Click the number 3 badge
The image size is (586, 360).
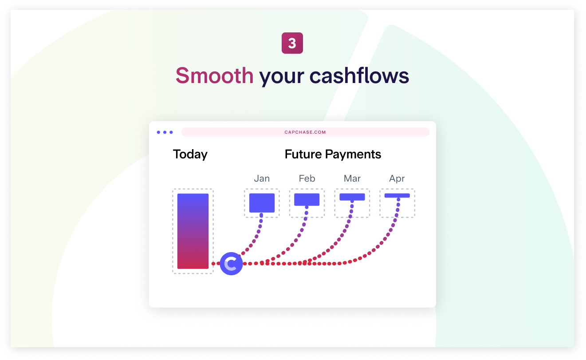tap(292, 44)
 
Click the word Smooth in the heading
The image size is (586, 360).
tap(214, 76)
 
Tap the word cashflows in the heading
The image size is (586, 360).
tap(359, 76)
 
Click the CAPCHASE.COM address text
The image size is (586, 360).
tap(305, 132)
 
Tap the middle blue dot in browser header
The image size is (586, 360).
tap(165, 132)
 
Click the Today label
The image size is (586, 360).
tap(190, 154)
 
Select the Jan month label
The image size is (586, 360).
tap(262, 178)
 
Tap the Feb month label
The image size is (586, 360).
tap(307, 178)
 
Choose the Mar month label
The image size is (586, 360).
tap(352, 178)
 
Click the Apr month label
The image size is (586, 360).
tap(397, 179)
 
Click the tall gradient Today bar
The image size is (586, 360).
tap(193, 231)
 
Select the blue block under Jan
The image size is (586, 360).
tap(262, 203)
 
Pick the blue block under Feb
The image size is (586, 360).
tap(307, 200)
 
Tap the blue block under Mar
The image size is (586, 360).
tap(352, 197)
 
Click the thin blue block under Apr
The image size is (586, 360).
tap(397, 195)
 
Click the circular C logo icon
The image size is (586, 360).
tap(231, 264)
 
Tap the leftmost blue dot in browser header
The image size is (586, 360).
tap(159, 132)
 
